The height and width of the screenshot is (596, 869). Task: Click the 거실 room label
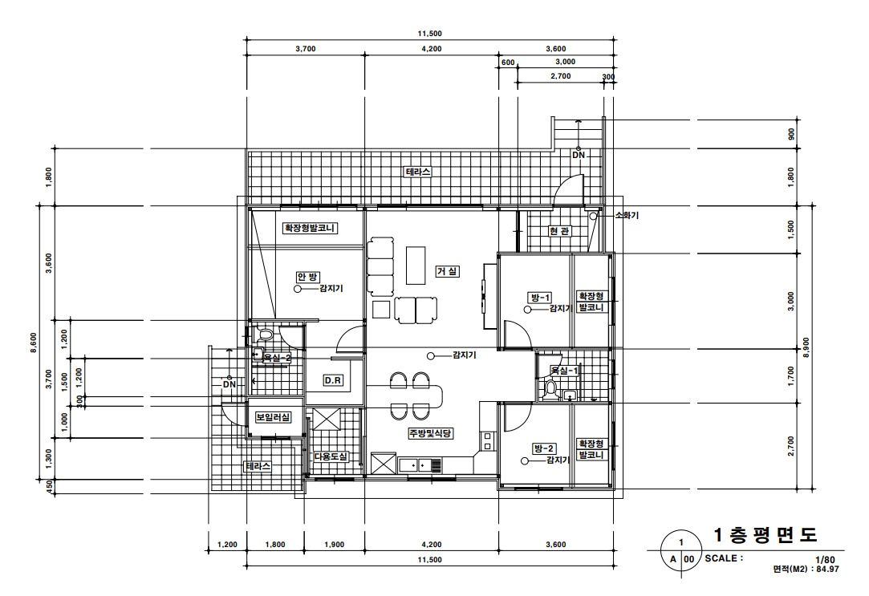coord(448,271)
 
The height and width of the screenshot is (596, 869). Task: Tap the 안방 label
coord(308,277)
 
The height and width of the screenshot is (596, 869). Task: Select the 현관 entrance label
coord(559,231)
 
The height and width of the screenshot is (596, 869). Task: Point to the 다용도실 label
coord(331,456)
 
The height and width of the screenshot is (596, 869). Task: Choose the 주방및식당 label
coord(431,433)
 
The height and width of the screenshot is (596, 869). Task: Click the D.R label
coord(332,380)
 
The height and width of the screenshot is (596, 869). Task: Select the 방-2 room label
coord(544,448)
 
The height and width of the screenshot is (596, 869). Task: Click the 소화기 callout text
coord(627,215)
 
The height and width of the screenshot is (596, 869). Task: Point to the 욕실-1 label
coord(563,371)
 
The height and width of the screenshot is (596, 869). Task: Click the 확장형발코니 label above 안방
coord(310,228)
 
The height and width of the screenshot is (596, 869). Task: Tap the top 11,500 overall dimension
coord(430,34)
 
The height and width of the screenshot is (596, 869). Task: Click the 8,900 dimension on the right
coord(806,347)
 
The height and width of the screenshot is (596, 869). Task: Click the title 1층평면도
coord(765,535)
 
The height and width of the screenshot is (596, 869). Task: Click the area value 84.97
coord(826,569)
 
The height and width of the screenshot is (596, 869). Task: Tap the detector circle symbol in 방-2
coord(524,460)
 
